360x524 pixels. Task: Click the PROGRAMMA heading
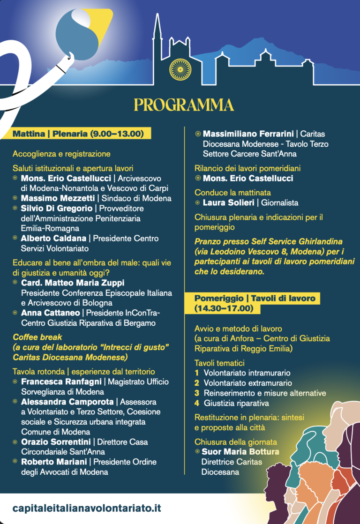point(184,105)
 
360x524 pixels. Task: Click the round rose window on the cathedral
point(180,68)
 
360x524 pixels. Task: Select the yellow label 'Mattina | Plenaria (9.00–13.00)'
point(78,134)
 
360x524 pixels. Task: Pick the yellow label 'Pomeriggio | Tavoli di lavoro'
point(255,298)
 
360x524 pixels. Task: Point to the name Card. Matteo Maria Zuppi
point(73,283)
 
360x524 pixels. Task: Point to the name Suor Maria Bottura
point(240,452)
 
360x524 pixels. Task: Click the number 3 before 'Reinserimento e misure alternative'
point(197,393)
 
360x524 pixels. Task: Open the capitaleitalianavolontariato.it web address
point(88,508)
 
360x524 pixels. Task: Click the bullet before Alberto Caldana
point(15,239)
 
